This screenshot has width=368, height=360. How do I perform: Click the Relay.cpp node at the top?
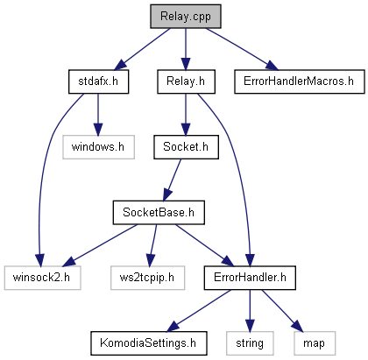point(186,17)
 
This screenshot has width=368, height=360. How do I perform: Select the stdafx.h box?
point(98,81)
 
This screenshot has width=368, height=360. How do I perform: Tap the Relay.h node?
point(186,81)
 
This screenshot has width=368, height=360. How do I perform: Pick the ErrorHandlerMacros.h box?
point(300,81)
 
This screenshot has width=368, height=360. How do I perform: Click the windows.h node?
point(98,147)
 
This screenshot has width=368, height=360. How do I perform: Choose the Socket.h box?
point(186,147)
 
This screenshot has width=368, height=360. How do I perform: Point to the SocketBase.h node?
point(159,212)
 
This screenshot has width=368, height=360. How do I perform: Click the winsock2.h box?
point(42,278)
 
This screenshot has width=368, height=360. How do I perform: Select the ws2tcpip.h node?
point(147,278)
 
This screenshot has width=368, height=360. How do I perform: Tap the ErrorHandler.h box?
point(250,278)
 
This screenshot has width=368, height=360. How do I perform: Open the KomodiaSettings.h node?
point(149,343)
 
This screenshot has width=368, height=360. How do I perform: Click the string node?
point(250,343)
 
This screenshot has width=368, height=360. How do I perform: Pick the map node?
point(315,343)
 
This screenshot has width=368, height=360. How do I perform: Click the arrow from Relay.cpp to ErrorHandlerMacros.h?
point(242,49)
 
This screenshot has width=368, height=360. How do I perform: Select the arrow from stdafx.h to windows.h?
point(98,115)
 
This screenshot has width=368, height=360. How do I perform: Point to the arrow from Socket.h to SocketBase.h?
point(172,180)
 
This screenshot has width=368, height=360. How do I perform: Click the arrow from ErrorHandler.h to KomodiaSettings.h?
point(199,311)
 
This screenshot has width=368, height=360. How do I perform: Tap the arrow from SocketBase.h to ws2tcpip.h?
point(152,245)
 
